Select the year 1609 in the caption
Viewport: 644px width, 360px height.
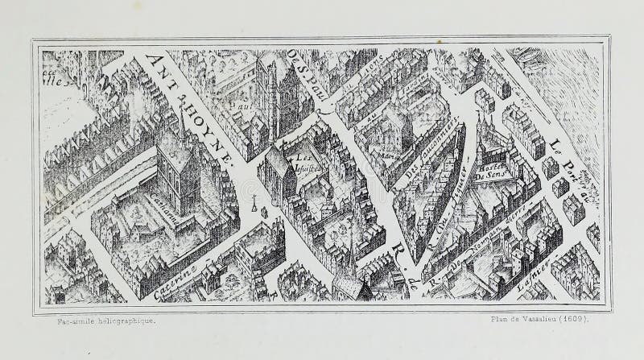pyautogui.click(x=574, y=321)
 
